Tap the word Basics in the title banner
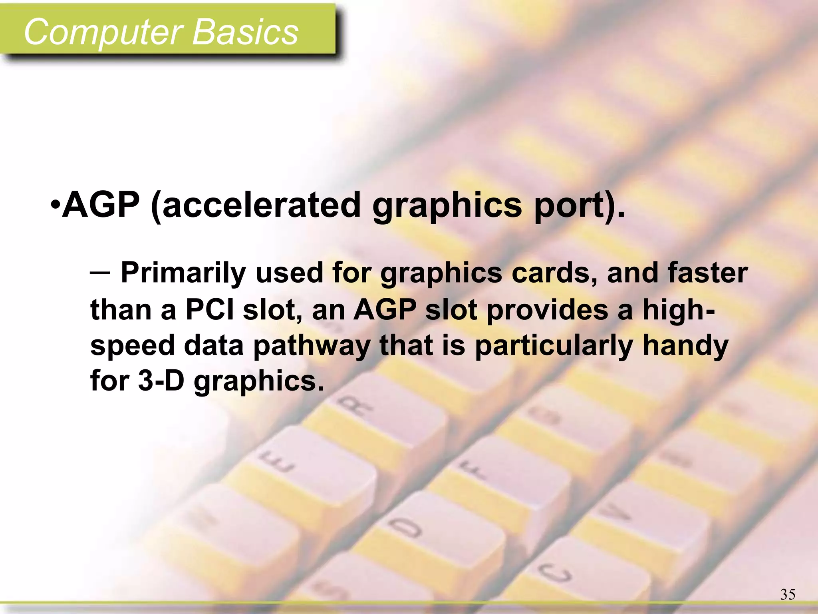[245, 32]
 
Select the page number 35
[788, 594]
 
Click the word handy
[685, 346]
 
